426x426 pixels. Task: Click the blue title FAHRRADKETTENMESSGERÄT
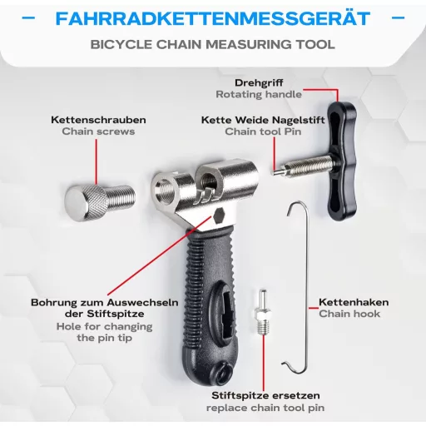click(x=213, y=18)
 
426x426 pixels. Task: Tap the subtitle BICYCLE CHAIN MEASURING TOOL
click(x=213, y=44)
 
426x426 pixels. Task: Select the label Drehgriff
click(x=259, y=82)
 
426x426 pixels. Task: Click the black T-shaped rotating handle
click(x=342, y=161)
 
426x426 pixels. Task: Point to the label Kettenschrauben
click(x=98, y=120)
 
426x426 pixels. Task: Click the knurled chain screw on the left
click(x=99, y=202)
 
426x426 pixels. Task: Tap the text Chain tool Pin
click(x=263, y=131)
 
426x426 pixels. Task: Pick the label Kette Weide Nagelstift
click(x=263, y=120)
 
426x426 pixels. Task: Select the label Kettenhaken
click(x=354, y=302)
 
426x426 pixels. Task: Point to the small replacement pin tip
click(x=262, y=311)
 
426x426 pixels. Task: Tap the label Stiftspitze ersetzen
click(x=265, y=395)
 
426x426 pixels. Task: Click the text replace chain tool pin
click(x=265, y=408)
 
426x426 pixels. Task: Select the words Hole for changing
click(x=104, y=326)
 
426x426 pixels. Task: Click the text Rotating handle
click(x=259, y=94)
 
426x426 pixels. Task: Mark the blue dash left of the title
click(x=28, y=18)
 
